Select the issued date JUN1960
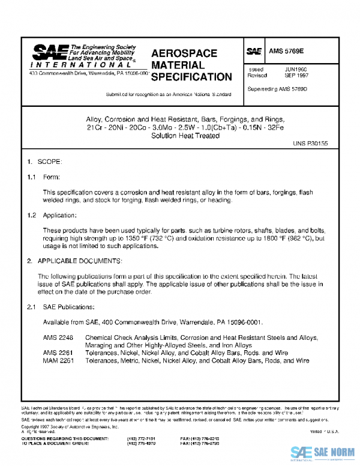click(296, 70)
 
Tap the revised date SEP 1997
click(296, 76)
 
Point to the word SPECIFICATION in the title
click(191, 77)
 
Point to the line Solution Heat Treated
click(185, 136)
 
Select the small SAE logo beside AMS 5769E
click(254, 52)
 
